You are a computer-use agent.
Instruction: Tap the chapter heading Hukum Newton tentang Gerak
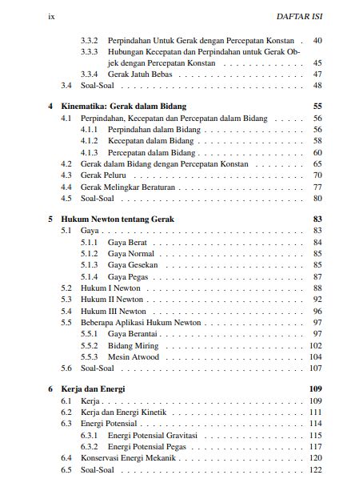[x=118, y=219]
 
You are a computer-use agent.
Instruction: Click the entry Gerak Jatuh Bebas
[x=137, y=74]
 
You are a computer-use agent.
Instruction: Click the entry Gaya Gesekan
[x=133, y=264]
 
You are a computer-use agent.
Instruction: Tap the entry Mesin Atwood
[x=133, y=356]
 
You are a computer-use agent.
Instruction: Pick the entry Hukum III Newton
[x=113, y=311]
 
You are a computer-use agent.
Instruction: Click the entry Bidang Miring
[x=133, y=345]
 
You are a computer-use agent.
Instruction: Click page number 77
[x=317, y=187]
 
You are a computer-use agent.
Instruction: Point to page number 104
[x=315, y=356]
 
